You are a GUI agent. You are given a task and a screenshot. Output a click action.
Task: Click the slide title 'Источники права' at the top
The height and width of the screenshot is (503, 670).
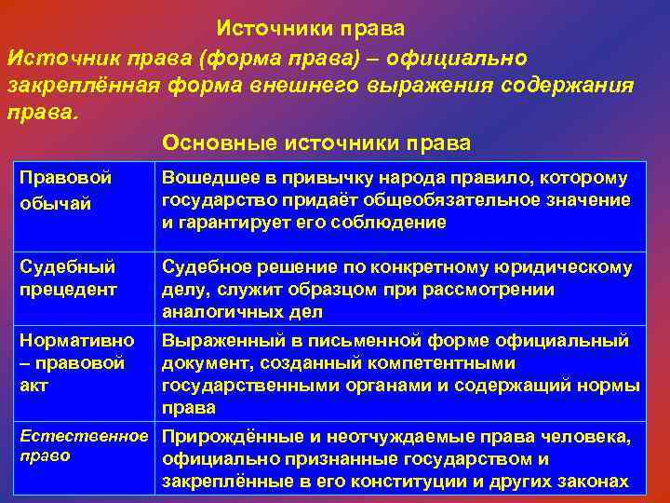coord(310,29)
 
